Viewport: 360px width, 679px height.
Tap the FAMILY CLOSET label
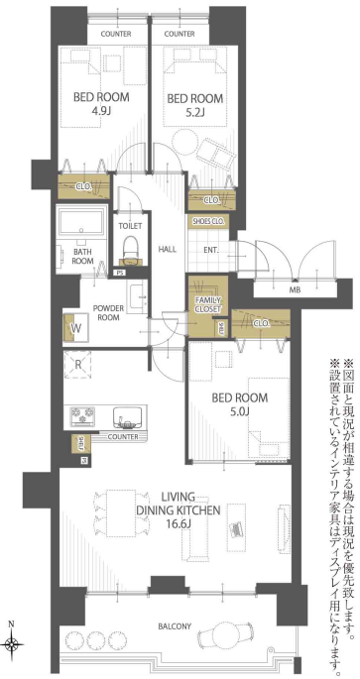point(208,303)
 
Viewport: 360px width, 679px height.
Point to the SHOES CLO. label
point(208,222)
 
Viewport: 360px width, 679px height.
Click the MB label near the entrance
point(294,289)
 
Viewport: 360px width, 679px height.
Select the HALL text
point(168,249)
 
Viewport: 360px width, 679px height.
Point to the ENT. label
point(210,250)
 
